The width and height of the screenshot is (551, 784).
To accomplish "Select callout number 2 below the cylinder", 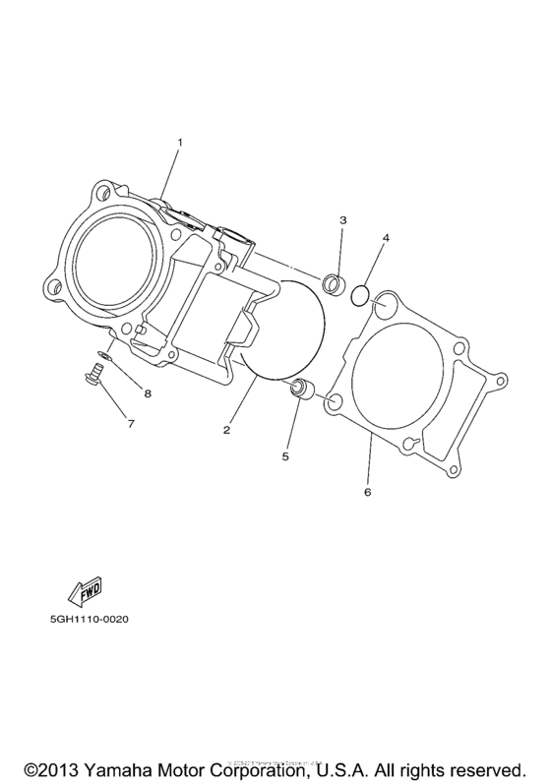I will tap(226, 430).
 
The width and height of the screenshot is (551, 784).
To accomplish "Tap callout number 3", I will tap(342, 220).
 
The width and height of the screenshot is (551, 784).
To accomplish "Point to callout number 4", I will tap(387, 238).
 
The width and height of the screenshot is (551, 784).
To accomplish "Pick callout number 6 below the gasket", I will tap(367, 491).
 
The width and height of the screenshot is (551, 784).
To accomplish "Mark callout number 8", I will tap(148, 394).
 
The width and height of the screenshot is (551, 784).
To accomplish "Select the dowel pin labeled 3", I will tap(335, 284).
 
